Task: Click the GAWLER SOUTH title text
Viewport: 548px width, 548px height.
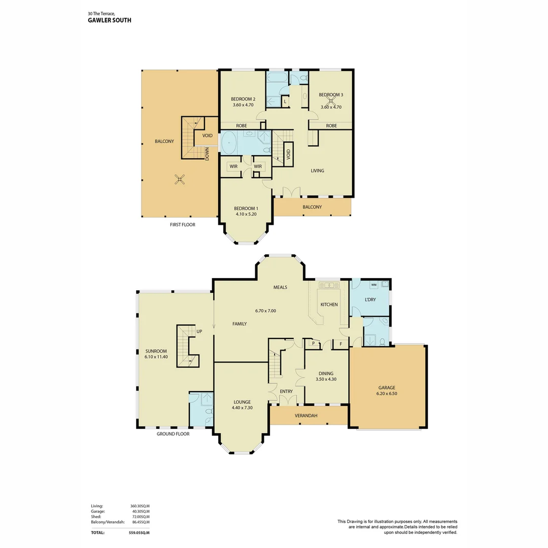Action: coord(109,21)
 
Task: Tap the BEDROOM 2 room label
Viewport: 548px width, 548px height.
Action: coord(243,99)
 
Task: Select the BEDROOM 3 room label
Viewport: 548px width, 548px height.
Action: coord(331,95)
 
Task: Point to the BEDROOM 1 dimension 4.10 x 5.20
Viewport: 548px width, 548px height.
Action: coord(246,214)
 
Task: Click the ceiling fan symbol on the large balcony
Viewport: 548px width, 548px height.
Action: coord(179,179)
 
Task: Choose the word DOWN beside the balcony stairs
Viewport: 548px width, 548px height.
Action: coord(208,154)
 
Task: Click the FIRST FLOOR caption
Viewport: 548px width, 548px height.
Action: coord(182,224)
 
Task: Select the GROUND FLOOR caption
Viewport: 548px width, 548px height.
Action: coord(173,434)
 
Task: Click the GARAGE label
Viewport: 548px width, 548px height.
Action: coord(387,388)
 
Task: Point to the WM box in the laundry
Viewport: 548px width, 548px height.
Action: coord(373,285)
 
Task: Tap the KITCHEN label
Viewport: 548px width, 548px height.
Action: coord(329,304)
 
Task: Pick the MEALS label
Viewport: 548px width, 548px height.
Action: coord(280,287)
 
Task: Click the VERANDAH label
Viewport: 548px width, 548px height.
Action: coord(306,416)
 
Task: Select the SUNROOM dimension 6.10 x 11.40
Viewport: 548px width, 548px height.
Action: coord(156,357)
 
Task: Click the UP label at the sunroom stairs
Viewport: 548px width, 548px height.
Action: coord(199,331)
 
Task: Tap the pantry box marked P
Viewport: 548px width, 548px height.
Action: coord(313,344)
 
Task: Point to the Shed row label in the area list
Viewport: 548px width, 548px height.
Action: coord(96,517)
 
